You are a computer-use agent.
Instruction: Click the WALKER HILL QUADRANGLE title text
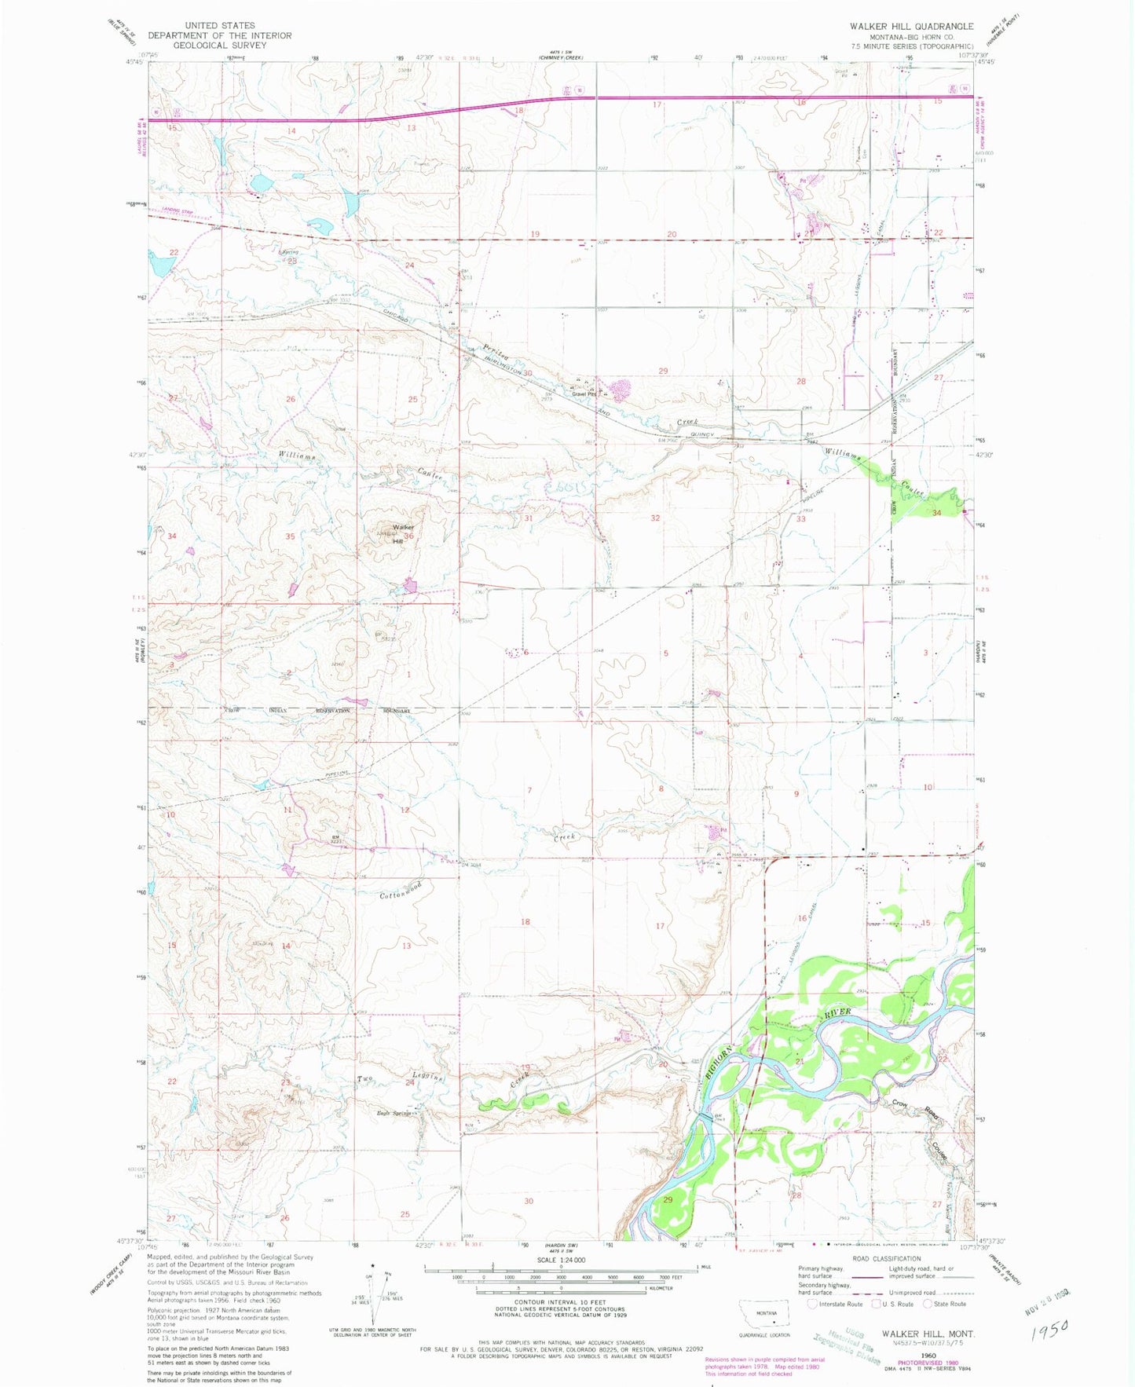click(x=911, y=26)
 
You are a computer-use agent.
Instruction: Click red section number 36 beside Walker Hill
click(x=409, y=536)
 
